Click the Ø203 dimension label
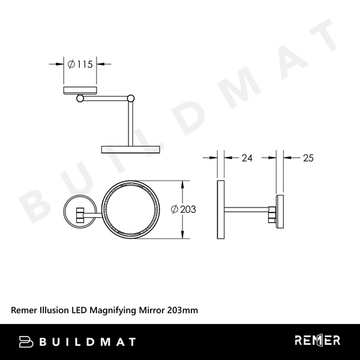[184, 209]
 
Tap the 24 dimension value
[247, 158]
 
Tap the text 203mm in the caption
[182, 310]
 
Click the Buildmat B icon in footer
[26, 341]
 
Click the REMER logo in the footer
[317, 341]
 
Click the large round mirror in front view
[130, 209]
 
